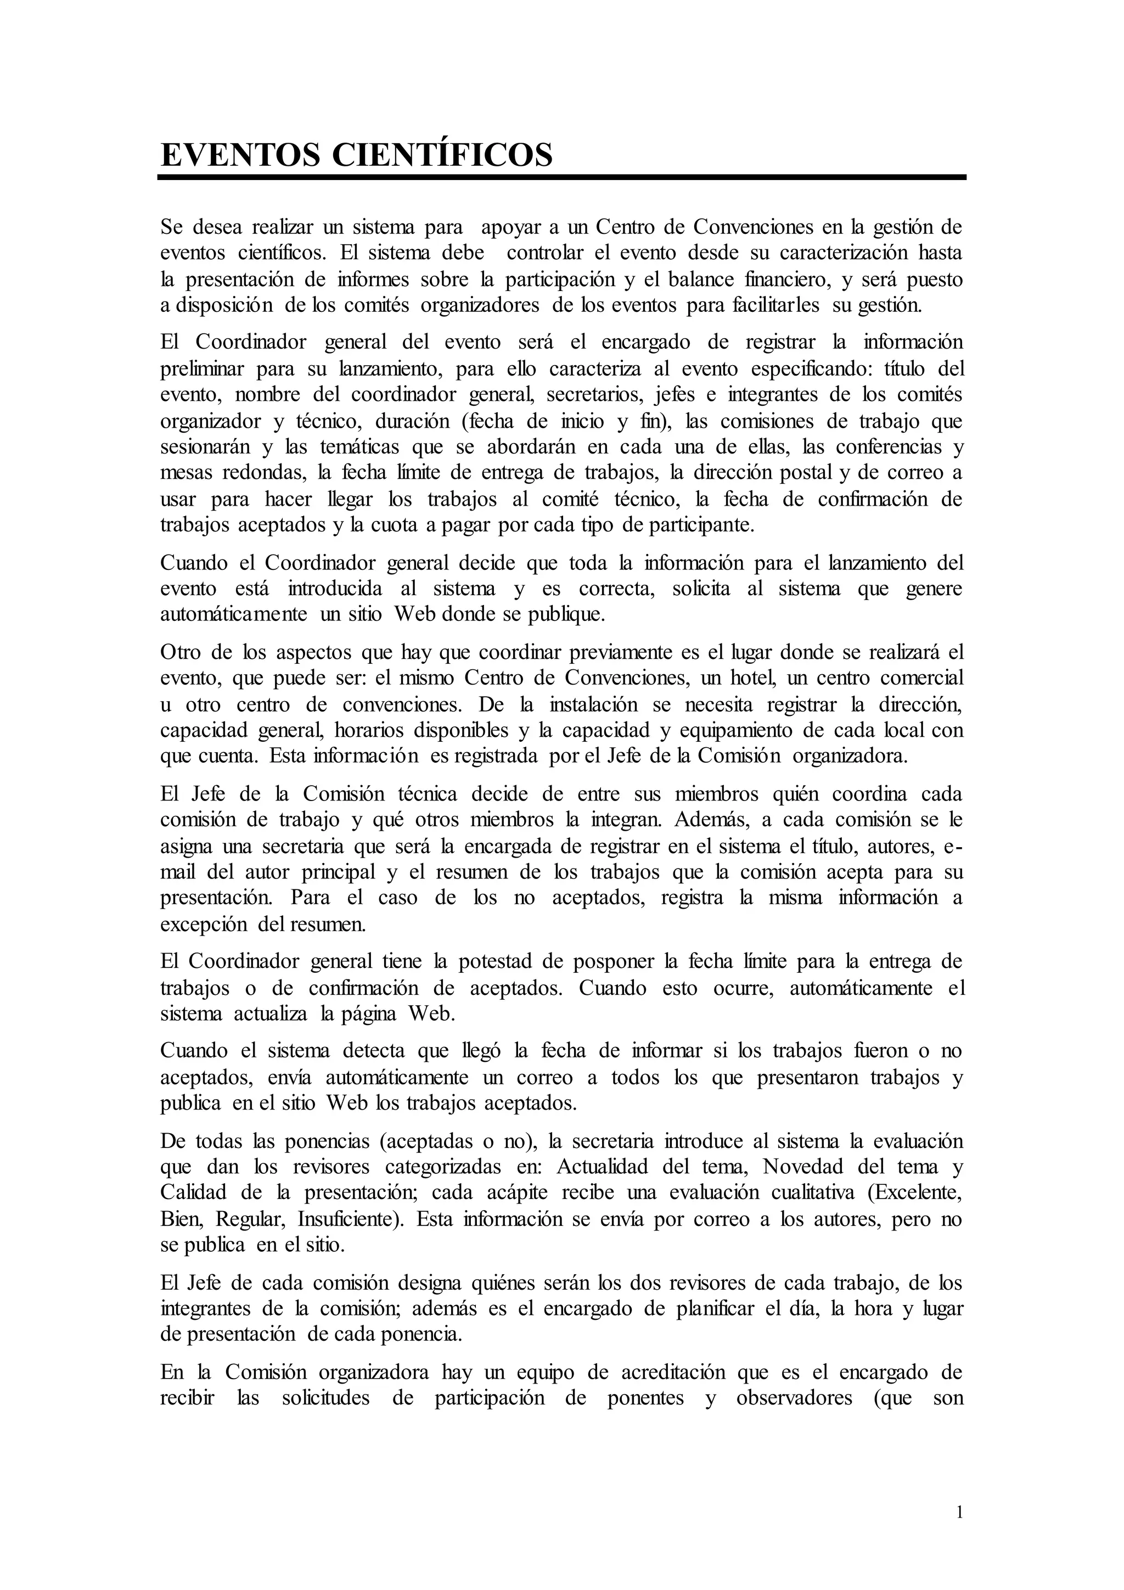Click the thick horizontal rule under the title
click(x=561, y=178)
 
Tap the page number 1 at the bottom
click(x=959, y=1511)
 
